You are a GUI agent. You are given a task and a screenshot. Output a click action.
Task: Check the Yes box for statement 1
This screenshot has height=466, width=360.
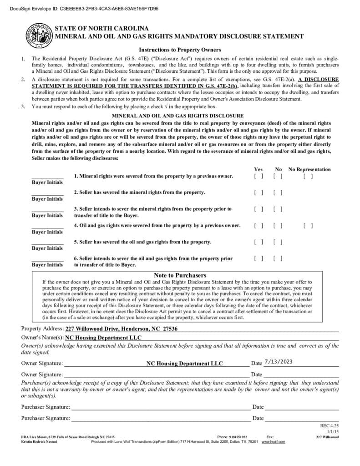point(259,176)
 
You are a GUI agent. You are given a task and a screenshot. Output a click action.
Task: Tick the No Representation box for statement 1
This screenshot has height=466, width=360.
point(308,176)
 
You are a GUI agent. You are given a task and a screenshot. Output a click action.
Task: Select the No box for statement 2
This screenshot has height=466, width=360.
point(278,192)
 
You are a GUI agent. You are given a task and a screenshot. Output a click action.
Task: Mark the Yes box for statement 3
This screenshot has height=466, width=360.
point(259,209)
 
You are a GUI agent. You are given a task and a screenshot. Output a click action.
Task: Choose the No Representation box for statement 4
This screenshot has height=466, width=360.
point(308,225)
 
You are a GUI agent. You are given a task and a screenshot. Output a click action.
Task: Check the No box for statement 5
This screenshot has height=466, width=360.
point(278,242)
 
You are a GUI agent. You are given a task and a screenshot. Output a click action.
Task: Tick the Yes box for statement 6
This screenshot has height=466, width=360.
point(259,258)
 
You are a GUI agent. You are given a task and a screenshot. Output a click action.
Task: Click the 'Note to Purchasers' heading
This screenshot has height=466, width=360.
point(180,275)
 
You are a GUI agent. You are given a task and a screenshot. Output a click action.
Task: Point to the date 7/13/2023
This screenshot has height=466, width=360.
point(278,362)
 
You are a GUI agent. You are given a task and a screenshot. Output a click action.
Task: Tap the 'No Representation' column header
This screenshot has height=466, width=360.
point(309,169)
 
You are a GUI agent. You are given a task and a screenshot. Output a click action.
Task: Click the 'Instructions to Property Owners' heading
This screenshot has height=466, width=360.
point(180,50)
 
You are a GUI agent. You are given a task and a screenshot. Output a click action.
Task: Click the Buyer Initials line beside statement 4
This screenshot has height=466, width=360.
point(47,226)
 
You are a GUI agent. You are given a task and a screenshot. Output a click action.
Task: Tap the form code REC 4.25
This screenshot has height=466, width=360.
point(330,426)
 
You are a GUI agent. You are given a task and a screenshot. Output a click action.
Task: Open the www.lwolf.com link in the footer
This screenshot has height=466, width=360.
point(273,442)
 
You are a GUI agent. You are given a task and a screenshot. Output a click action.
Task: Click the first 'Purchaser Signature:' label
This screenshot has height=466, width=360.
point(46,407)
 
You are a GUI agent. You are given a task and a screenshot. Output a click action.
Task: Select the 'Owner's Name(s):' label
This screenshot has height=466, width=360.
point(42,338)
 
